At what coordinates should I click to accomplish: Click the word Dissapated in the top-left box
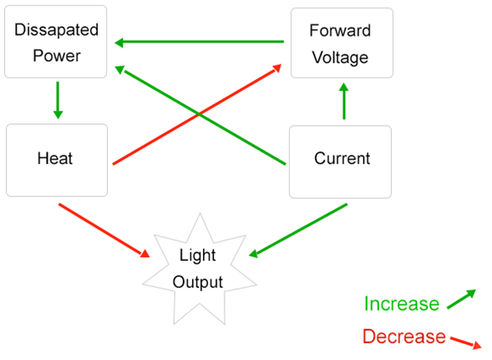[56, 30]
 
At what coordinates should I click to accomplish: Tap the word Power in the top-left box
[57, 56]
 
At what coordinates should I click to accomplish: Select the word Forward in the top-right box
[340, 31]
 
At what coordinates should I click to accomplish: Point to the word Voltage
[340, 58]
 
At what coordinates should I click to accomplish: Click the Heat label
[55, 158]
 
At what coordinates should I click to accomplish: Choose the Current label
[342, 158]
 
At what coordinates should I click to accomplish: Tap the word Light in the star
[198, 256]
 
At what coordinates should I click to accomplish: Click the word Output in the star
[198, 282]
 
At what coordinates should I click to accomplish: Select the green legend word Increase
[402, 304]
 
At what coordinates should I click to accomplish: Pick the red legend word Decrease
[404, 336]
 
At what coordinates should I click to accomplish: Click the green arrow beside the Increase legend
[461, 299]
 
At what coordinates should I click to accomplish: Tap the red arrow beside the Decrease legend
[466, 342]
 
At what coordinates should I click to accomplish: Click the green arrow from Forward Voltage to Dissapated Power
[199, 42]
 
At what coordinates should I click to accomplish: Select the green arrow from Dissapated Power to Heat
[58, 100]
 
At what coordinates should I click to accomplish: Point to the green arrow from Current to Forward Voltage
[344, 101]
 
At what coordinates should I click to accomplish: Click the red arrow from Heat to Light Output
[105, 230]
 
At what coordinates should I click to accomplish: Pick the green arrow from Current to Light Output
[298, 230]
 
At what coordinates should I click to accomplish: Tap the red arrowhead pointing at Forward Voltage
[277, 69]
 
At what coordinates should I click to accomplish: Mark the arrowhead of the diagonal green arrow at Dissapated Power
[120, 70]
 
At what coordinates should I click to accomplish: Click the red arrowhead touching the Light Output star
[145, 253]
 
